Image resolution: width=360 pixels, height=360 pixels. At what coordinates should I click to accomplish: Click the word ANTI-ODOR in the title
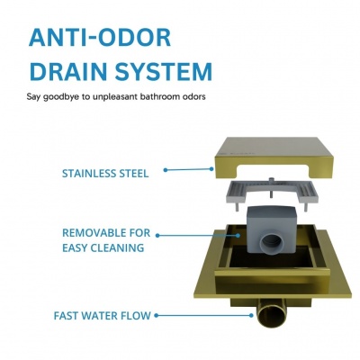[100, 38]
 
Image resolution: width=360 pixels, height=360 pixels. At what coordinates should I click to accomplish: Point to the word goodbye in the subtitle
[62, 97]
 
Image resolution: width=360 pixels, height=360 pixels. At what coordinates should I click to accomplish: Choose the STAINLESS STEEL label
[105, 174]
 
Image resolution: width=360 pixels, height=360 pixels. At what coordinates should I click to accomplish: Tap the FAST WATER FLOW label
[102, 316]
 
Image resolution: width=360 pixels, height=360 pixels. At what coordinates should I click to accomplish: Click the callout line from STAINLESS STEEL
[188, 169]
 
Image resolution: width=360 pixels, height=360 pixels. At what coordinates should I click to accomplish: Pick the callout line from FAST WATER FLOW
[203, 315]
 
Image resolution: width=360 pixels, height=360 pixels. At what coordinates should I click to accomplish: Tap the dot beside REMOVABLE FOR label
[157, 236]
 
